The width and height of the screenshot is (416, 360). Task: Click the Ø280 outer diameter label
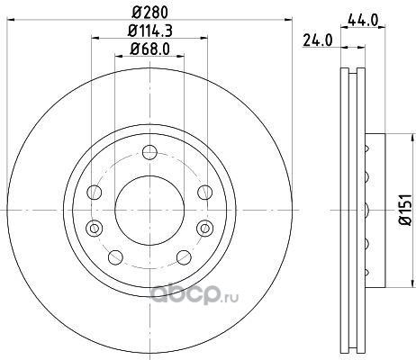point(149,13)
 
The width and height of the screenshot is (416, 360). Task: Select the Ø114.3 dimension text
point(149,31)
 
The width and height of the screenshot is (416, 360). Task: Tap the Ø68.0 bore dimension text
point(149,49)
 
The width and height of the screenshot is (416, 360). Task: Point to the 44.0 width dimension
point(363,21)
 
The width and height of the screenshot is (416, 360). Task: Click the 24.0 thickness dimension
point(318,40)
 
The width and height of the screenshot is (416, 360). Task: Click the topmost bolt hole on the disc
point(149,152)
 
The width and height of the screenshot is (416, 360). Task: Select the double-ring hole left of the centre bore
point(95,229)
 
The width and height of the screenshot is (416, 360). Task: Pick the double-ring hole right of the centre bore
point(205,229)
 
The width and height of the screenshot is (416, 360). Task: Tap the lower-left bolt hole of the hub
point(115,257)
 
